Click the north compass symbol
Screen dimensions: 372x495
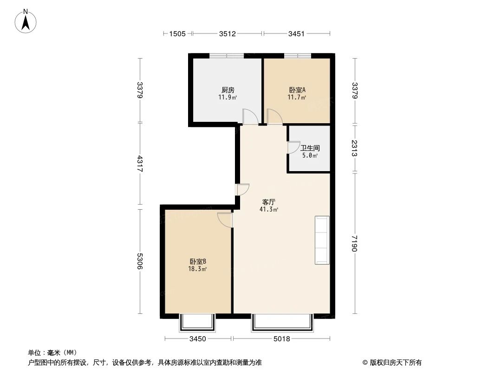point(26,21)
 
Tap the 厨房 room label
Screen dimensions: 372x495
point(228,90)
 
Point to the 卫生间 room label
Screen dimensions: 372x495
point(310,148)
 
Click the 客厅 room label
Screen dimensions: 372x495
point(269,202)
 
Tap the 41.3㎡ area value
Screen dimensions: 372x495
point(269,210)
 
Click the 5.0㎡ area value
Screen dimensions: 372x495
point(310,156)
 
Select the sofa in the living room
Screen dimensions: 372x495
point(322,240)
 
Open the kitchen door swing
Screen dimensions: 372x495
point(249,117)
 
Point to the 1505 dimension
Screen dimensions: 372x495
point(177,33)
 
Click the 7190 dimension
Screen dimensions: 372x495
point(355,243)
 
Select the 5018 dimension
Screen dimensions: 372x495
point(281,339)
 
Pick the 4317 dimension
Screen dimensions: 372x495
point(140,164)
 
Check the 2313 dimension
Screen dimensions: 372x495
point(355,148)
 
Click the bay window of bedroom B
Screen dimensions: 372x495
point(198,322)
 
